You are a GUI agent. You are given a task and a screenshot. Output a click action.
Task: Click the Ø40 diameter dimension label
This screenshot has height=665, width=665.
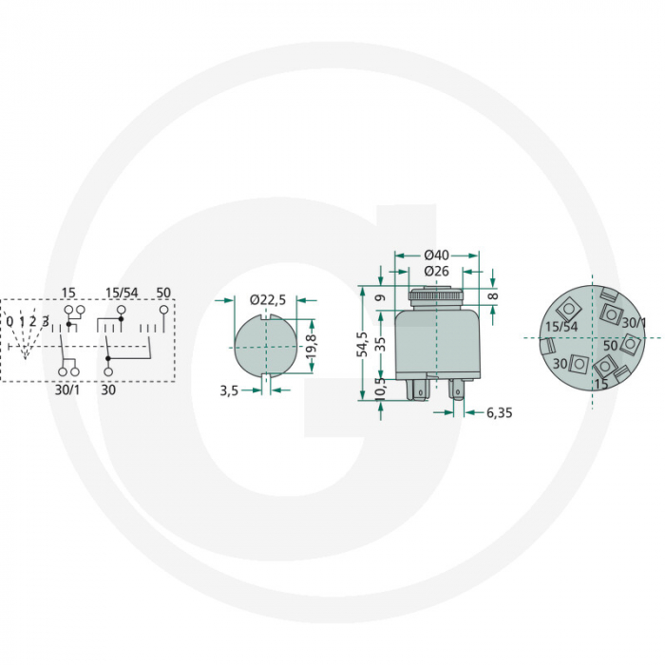coord(436,255)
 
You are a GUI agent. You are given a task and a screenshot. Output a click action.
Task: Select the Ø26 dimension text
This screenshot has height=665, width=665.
coord(436,271)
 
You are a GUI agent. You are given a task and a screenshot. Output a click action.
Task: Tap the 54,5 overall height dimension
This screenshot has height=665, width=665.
coord(363,344)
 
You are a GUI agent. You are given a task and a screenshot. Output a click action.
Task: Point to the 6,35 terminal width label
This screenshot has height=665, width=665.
coord(499,412)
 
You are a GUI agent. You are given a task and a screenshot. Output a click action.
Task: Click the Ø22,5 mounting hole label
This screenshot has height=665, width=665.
coord(268,300)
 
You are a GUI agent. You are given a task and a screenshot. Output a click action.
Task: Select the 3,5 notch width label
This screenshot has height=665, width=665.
coord(229,391)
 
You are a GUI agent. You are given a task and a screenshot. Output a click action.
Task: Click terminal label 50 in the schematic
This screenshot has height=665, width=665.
coord(163,293)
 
